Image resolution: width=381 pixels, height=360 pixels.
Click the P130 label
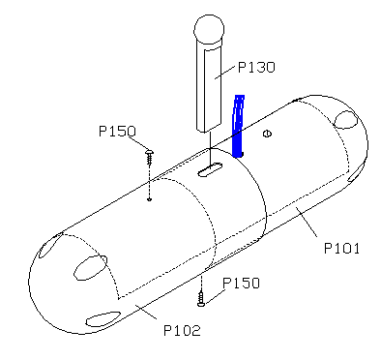[x=256, y=67]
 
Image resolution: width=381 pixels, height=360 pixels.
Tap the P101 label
[x=341, y=249]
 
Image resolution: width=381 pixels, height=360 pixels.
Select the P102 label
[x=182, y=330]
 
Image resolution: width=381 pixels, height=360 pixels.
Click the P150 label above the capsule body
[x=117, y=131]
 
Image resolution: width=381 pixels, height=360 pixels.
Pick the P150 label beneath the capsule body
[x=241, y=283]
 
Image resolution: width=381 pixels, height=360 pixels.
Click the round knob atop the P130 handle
[x=209, y=30]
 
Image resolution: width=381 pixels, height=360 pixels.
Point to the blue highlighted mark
[x=238, y=126]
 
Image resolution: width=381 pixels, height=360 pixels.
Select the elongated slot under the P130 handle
[x=210, y=169]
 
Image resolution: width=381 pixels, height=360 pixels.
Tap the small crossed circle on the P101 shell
[x=268, y=134]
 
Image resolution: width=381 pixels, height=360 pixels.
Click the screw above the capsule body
[x=149, y=157]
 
